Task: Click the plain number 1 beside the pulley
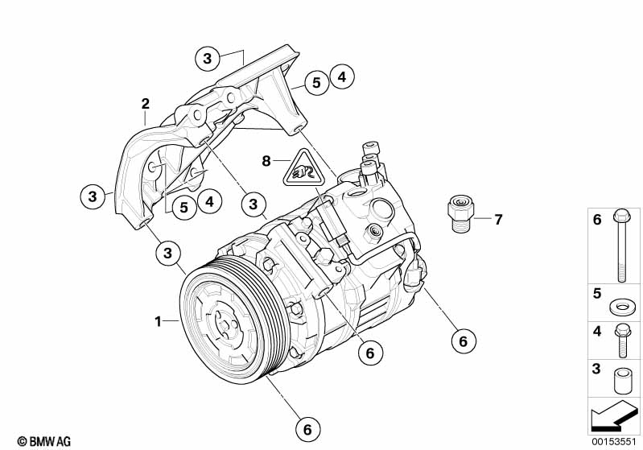tap(158, 321)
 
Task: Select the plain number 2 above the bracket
tap(146, 104)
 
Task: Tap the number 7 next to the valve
tap(498, 220)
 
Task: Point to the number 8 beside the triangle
tap(266, 161)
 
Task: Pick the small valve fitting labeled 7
tap(460, 213)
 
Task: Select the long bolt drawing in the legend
tap(620, 246)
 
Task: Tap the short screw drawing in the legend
tap(620, 341)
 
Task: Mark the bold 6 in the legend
tap(597, 220)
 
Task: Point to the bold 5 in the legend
tap(597, 294)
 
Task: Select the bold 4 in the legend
tap(597, 331)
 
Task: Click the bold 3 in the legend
tap(597, 369)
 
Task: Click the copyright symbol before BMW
tap(23, 441)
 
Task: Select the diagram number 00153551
tap(613, 441)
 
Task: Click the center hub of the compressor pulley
tap(225, 325)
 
